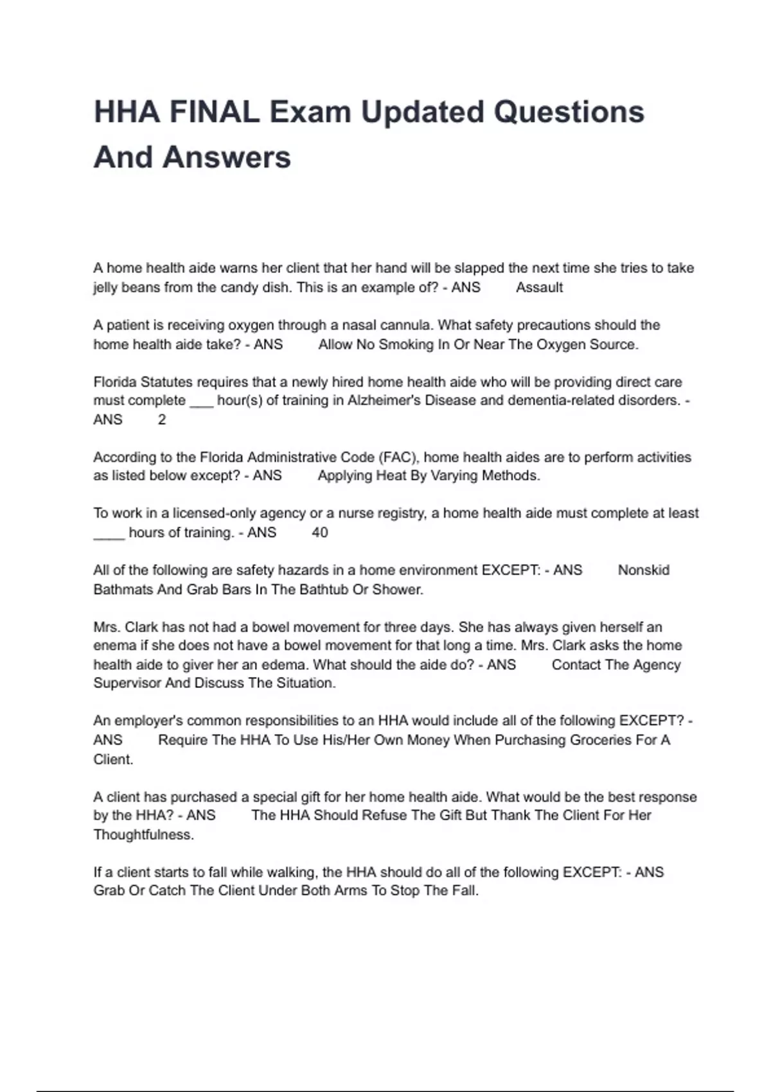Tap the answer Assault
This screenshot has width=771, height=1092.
539,288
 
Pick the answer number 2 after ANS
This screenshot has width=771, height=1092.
162,420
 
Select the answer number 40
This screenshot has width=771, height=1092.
319,533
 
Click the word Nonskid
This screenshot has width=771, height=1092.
643,570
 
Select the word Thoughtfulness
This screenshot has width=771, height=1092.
143,835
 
